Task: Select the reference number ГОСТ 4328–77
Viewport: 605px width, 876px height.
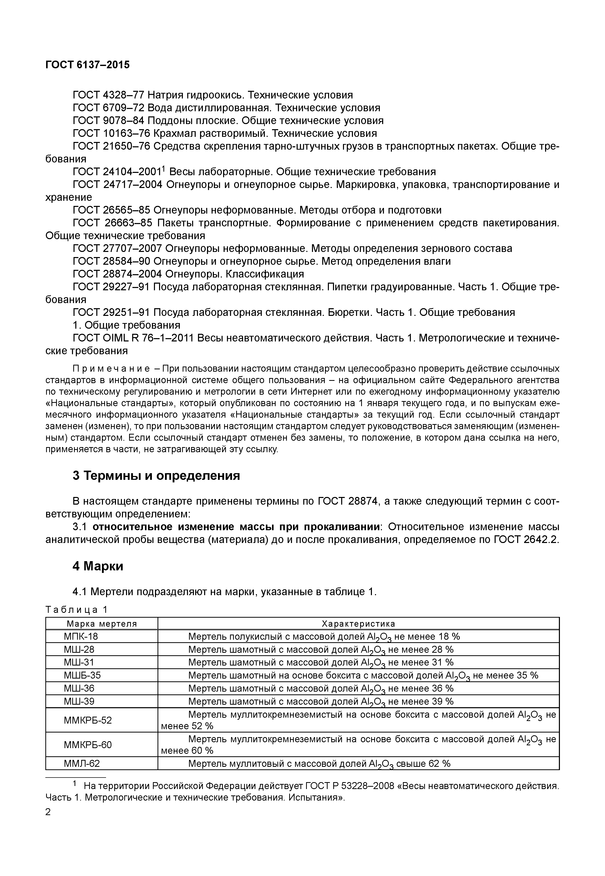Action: [108, 95]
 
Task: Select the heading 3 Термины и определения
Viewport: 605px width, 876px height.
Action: [156, 475]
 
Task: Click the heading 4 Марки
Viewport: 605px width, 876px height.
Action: [98, 566]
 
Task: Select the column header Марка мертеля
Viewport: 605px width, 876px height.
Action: [102, 624]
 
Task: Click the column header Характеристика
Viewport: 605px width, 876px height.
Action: [358, 624]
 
